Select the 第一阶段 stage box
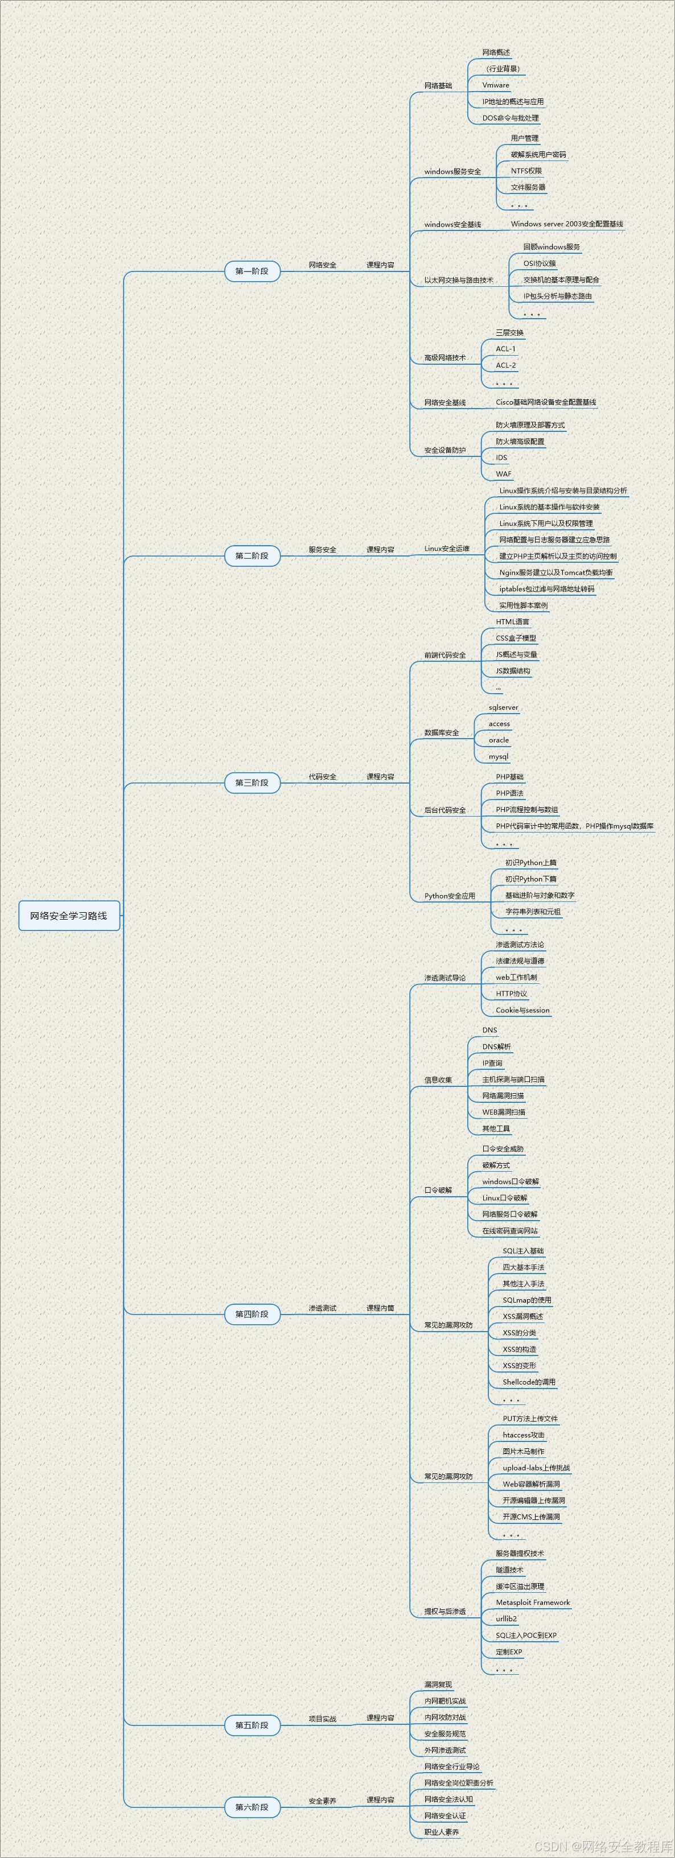[x=252, y=271]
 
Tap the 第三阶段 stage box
[x=252, y=782]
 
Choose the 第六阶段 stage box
[x=252, y=1807]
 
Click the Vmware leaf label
[x=495, y=85]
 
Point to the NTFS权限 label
[x=526, y=171]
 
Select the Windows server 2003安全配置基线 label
[x=566, y=224]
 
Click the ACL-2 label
[x=505, y=366]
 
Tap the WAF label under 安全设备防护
[x=503, y=474]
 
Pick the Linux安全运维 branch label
[x=446, y=549]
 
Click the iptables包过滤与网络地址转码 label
[x=546, y=590]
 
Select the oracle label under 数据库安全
[x=499, y=740]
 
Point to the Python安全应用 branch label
[x=449, y=896]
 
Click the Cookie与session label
[x=522, y=1011]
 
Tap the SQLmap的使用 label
[x=526, y=1300]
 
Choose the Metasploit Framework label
[x=532, y=1602]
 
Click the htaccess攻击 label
[x=524, y=1435]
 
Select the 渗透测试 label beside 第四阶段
[x=322, y=1308]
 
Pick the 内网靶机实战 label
[x=444, y=1701]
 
